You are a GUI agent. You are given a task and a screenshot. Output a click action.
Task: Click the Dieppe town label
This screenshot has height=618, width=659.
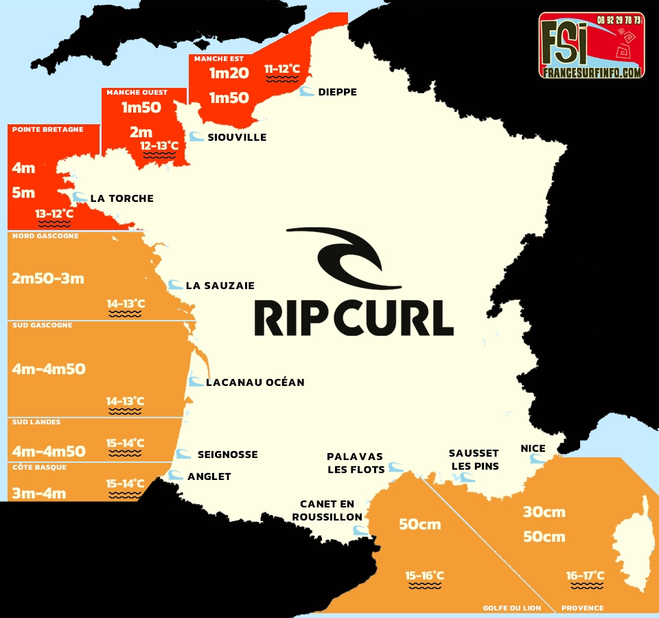coord(337,92)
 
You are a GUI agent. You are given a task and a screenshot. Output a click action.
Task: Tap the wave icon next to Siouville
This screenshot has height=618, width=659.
coord(196,137)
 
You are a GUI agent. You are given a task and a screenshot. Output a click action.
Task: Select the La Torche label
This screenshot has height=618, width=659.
coord(122,198)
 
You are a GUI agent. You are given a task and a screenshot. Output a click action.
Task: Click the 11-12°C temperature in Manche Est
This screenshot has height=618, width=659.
coord(283,69)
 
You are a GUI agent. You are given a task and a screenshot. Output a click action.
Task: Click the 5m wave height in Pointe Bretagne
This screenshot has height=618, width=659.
coord(23,193)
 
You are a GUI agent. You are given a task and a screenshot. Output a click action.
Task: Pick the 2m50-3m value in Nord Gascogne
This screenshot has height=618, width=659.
coord(48,278)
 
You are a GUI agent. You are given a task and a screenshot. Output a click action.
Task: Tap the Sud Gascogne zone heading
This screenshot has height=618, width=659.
coord(42,325)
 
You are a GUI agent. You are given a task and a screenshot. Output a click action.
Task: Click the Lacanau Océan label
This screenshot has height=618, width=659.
coord(255,382)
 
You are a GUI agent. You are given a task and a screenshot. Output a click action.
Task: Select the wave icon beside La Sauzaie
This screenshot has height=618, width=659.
coord(176,284)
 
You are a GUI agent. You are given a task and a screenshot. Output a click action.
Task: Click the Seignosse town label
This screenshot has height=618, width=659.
coord(227,455)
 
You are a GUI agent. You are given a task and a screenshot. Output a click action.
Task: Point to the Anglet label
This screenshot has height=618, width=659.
coord(209,477)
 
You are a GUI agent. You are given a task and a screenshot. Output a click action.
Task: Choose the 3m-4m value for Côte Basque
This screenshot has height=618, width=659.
coord(38,493)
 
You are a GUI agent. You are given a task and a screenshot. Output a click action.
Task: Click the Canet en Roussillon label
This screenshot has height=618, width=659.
coord(327,510)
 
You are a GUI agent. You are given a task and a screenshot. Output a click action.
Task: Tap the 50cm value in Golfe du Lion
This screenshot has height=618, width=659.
coord(419,525)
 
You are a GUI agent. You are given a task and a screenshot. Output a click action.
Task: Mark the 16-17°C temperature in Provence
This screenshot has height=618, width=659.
coord(585,575)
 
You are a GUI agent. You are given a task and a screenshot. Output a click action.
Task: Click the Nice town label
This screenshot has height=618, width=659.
coord(533,448)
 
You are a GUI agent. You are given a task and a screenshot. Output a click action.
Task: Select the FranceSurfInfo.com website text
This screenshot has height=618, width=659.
coord(591,71)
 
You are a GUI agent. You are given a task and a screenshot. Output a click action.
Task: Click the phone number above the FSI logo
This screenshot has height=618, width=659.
coord(619,20)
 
